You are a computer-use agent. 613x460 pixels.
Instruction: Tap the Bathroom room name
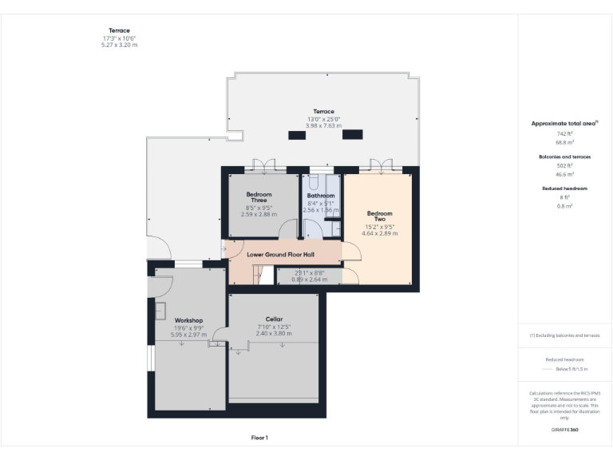(321, 196)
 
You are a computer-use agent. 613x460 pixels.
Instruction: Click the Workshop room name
(188, 320)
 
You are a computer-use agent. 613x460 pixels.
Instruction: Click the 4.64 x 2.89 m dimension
(380, 233)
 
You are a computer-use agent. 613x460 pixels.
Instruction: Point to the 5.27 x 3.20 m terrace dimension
(119, 45)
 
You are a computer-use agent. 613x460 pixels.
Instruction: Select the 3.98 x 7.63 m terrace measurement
(323, 126)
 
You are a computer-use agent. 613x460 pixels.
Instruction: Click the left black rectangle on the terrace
(297, 135)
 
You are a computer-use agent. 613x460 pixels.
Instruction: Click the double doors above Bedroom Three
(259, 167)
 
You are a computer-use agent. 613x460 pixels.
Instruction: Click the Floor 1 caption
(259, 438)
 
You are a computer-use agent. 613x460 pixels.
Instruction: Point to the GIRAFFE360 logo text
(564, 430)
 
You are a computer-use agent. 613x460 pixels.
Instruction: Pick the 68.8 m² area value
(564, 141)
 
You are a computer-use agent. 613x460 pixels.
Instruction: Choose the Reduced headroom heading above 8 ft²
(564, 188)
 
